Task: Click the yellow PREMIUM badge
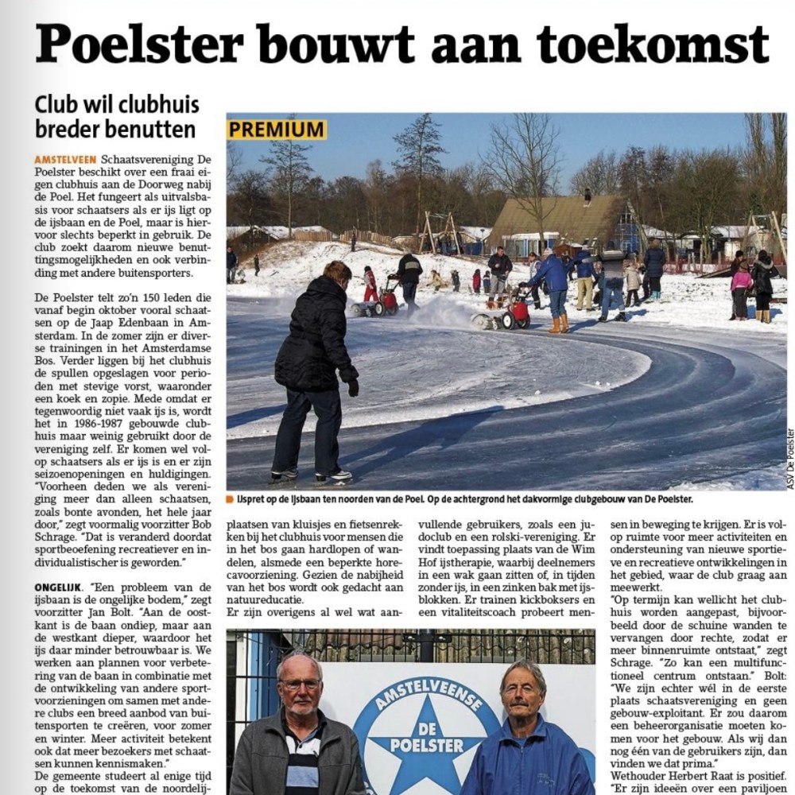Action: click(x=277, y=130)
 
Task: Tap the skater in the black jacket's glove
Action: click(x=353, y=387)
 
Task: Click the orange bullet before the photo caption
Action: click(x=230, y=499)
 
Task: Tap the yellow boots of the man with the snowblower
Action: click(x=559, y=324)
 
